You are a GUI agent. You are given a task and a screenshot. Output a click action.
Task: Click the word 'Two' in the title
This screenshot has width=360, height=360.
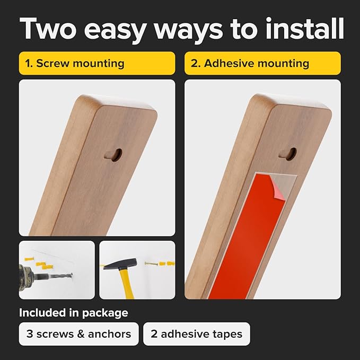pos(48,29)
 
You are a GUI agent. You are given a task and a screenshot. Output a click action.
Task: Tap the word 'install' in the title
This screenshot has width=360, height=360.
pos(304,28)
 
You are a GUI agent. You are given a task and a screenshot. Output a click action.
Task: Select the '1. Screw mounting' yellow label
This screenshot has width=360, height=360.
pos(97,63)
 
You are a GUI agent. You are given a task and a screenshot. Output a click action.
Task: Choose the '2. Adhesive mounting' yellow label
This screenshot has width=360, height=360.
pos(262,63)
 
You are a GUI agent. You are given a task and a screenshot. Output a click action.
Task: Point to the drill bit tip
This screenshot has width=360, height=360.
pos(72,275)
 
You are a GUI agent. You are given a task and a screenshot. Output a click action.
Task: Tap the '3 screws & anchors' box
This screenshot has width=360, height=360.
pos(79,334)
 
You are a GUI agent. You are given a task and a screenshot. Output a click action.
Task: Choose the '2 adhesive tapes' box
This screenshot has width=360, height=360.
pos(197,334)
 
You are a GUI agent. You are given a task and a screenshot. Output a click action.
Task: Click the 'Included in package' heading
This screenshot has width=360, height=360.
pos(74,313)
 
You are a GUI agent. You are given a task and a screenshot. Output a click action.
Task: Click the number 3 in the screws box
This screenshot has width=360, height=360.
pos(30,334)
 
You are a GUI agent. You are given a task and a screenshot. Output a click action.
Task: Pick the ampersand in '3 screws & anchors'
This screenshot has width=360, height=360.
pos(81,334)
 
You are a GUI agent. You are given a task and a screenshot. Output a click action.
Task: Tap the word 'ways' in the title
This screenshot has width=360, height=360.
pos(188,31)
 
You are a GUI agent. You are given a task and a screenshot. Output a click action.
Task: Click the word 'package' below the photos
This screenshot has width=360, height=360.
pos(105,313)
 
